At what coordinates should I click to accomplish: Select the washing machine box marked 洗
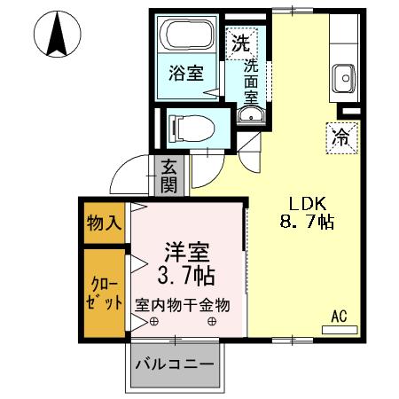240,41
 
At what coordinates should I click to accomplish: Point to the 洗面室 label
251,78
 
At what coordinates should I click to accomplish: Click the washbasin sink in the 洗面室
249,116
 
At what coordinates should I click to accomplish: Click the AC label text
339,315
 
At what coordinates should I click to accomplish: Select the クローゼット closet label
104,293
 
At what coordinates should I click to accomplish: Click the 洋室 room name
187,250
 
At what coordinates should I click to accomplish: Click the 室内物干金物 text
183,304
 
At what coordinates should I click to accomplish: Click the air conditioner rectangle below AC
339,329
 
